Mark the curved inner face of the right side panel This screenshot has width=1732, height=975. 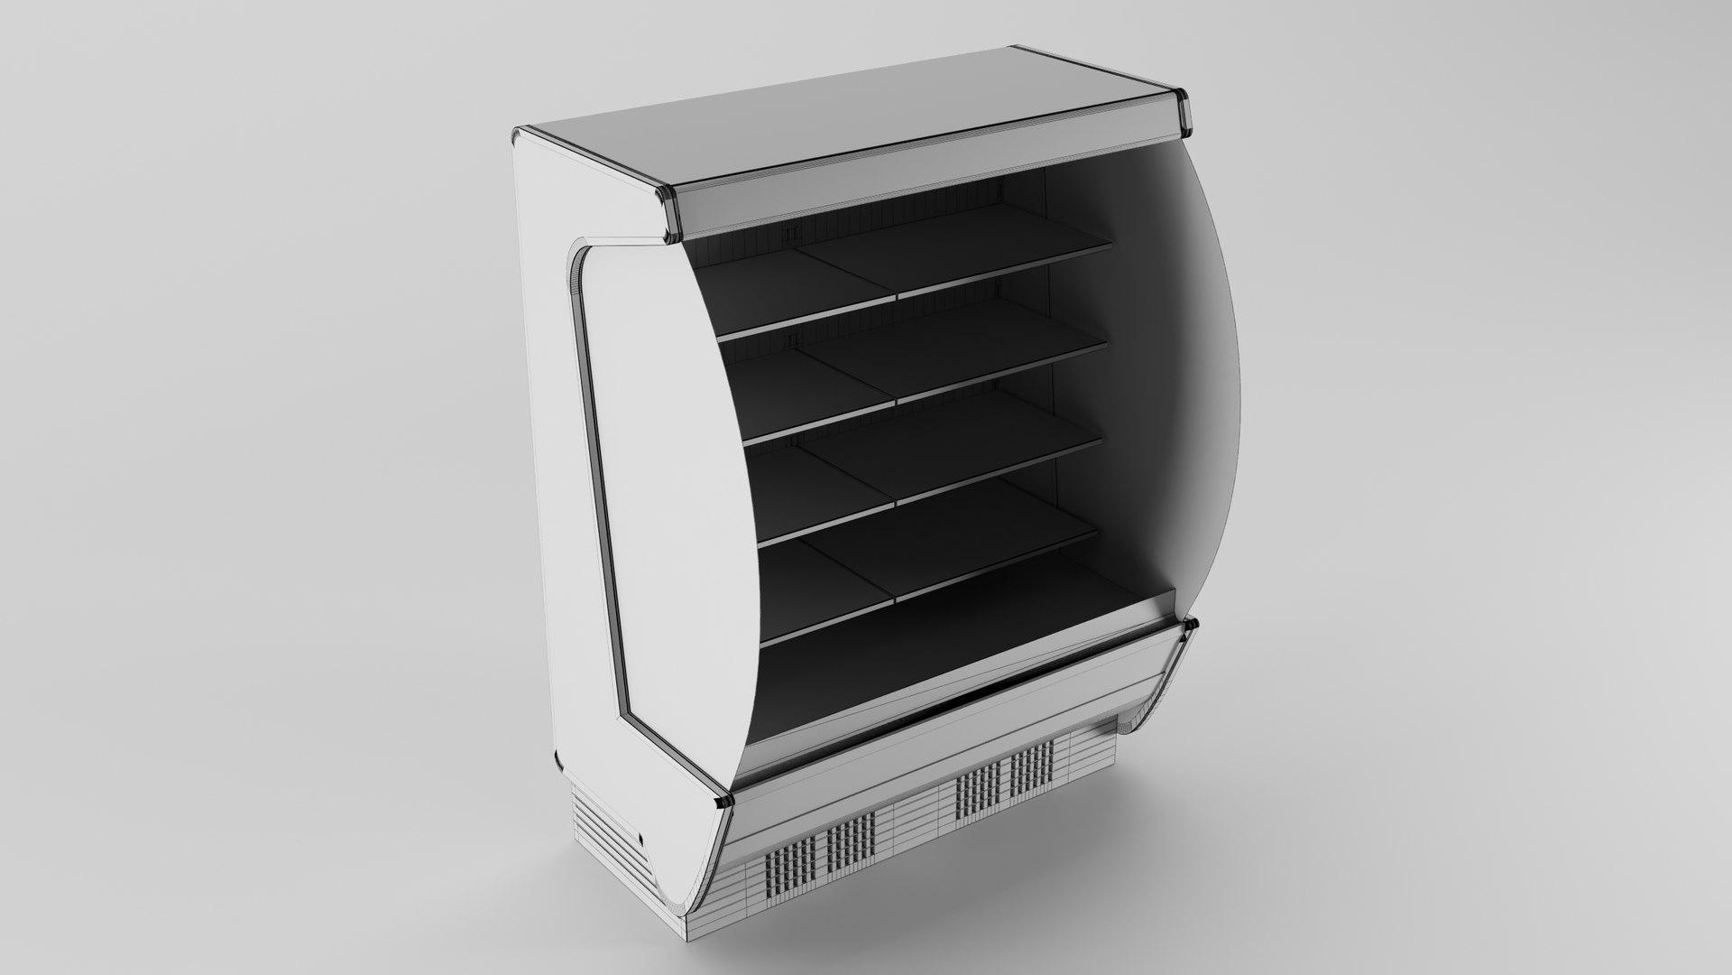click(x=1164, y=361)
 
